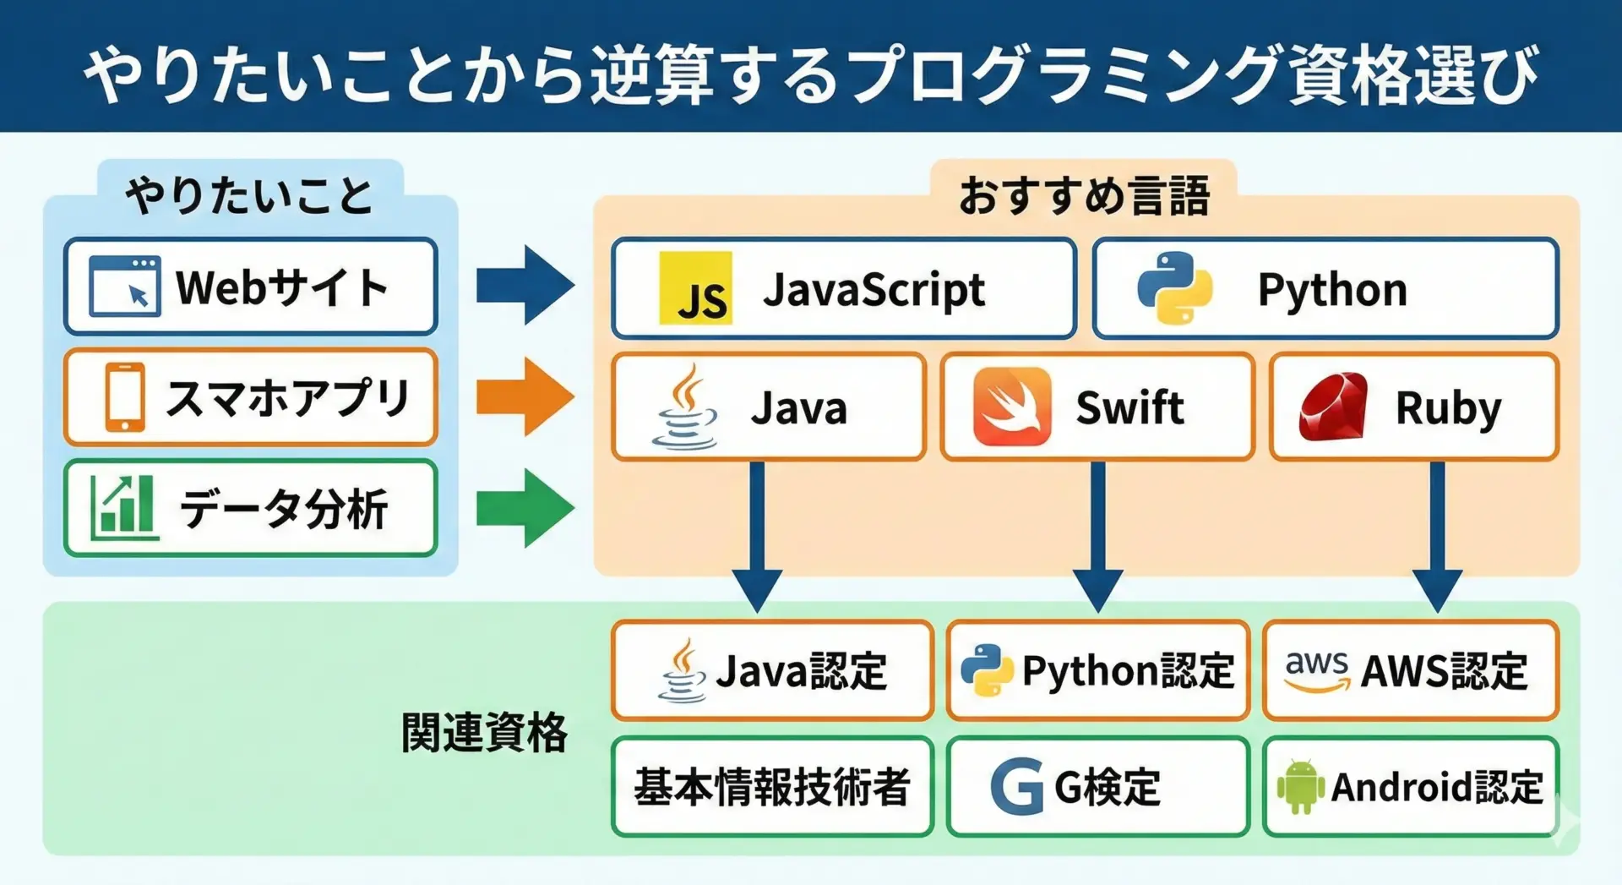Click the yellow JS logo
tap(695, 288)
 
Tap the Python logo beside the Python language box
tap(1174, 288)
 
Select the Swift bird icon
tap(1012, 407)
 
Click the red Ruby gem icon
tap(1333, 407)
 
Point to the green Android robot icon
tap(1300, 786)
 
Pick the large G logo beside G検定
tap(1017, 787)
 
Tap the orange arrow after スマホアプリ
tap(525, 396)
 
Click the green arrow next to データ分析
tap(525, 508)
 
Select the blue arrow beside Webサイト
tap(525, 286)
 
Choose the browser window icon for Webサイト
tap(125, 287)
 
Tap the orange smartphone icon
tap(125, 397)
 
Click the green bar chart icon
tap(124, 507)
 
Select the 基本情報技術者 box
tap(772, 787)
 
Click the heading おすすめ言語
tap(1084, 195)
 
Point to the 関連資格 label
tap(484, 732)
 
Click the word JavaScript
tap(874, 290)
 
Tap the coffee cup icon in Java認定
tap(683, 670)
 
